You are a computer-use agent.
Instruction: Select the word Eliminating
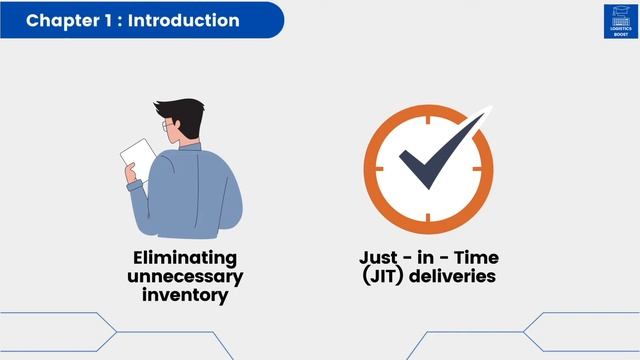185,258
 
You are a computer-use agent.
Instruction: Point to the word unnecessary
185,276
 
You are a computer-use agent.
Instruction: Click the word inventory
185,294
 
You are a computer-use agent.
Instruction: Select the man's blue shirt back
205,195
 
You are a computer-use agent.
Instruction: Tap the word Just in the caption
382,258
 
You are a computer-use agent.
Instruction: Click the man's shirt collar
190,150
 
